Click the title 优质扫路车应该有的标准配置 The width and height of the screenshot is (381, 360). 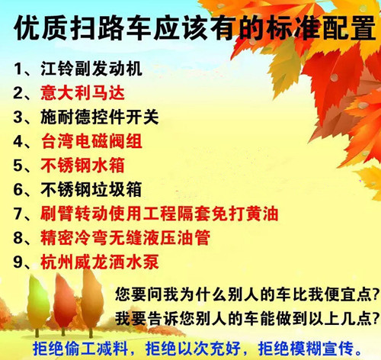(195, 28)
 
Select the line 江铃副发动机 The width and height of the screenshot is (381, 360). (91, 69)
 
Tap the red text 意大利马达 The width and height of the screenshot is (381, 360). (82, 93)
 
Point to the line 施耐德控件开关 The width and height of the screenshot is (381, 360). (100, 117)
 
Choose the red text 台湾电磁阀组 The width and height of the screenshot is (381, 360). (91, 141)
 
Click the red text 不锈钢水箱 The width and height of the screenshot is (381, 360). (82, 166)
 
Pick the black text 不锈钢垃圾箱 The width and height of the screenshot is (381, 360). (91, 189)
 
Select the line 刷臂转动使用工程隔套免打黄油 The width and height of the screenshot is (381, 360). (159, 214)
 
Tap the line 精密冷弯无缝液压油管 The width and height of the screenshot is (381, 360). (125, 238)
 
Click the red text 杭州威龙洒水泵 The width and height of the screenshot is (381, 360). (100, 262)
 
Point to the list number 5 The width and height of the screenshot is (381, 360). (18, 166)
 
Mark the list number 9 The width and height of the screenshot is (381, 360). (18, 262)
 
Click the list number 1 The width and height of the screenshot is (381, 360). (18, 69)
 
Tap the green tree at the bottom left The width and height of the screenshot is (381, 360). (37, 303)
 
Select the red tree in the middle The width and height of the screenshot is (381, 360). (64, 301)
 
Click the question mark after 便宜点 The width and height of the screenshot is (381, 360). (376, 295)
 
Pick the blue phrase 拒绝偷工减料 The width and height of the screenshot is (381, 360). (80, 349)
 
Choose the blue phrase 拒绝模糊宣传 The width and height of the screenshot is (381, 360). (306, 349)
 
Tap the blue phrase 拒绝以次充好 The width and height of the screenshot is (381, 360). (193, 349)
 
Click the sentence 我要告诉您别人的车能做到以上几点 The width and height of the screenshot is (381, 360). (244, 319)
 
